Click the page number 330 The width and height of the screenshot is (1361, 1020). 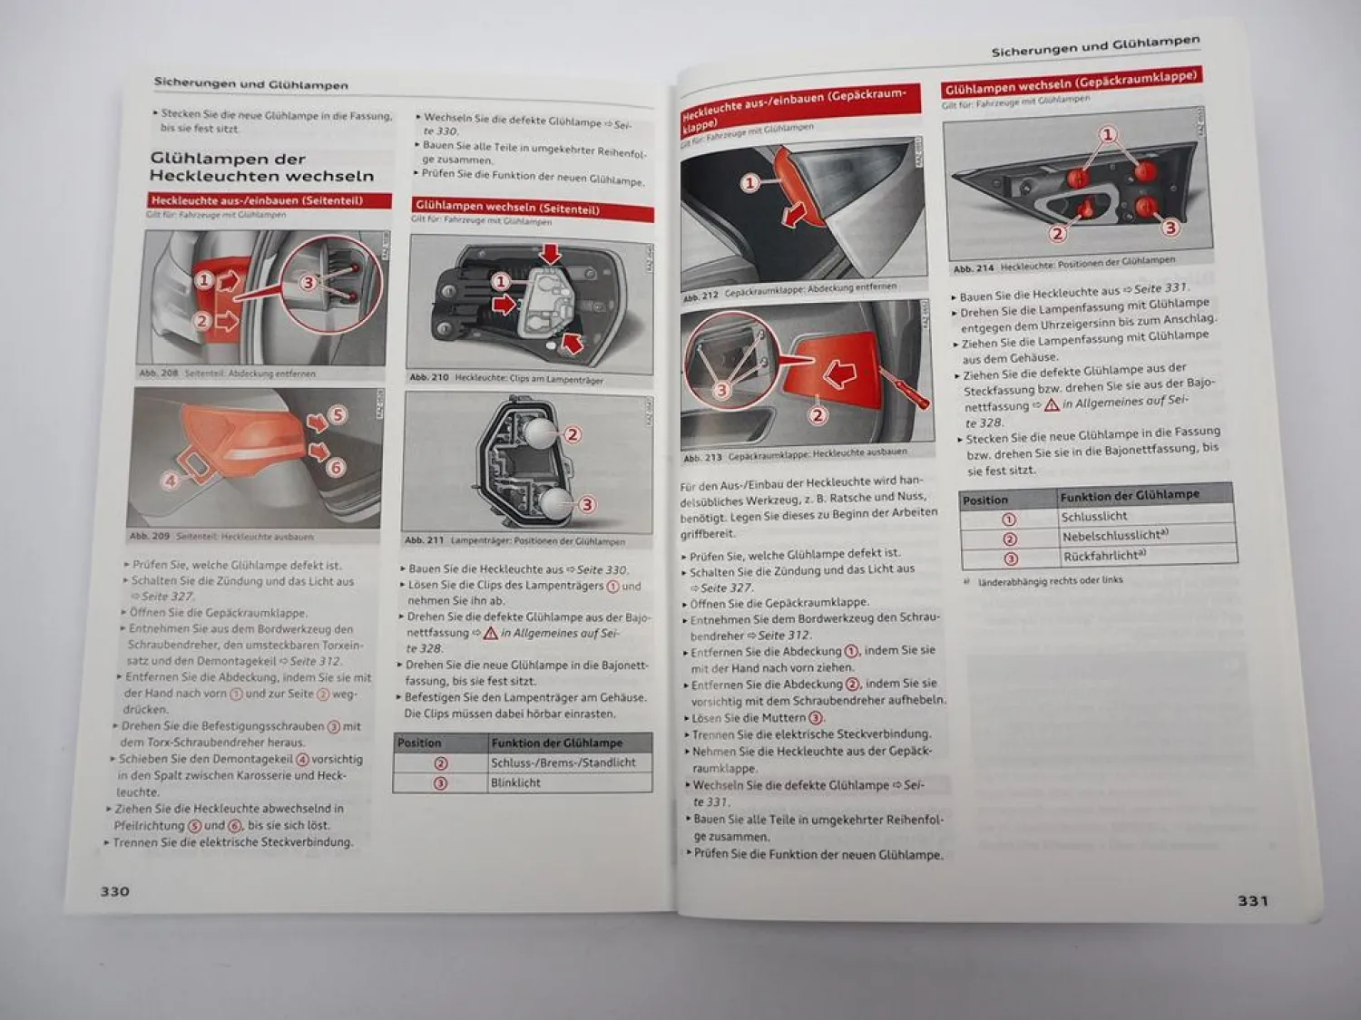114,891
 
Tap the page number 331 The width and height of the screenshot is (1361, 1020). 1253,900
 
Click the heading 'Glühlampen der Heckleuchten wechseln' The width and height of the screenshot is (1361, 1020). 261,167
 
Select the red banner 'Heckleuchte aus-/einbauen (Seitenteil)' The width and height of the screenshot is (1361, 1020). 269,200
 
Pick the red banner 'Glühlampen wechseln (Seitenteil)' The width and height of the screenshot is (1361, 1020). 532,209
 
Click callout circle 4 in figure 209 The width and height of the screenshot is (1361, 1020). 171,481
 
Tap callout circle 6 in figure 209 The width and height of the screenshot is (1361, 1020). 336,467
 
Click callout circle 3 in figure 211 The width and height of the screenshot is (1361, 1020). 587,504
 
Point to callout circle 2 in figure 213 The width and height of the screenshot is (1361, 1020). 818,415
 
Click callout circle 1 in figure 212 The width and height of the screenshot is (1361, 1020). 749,183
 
